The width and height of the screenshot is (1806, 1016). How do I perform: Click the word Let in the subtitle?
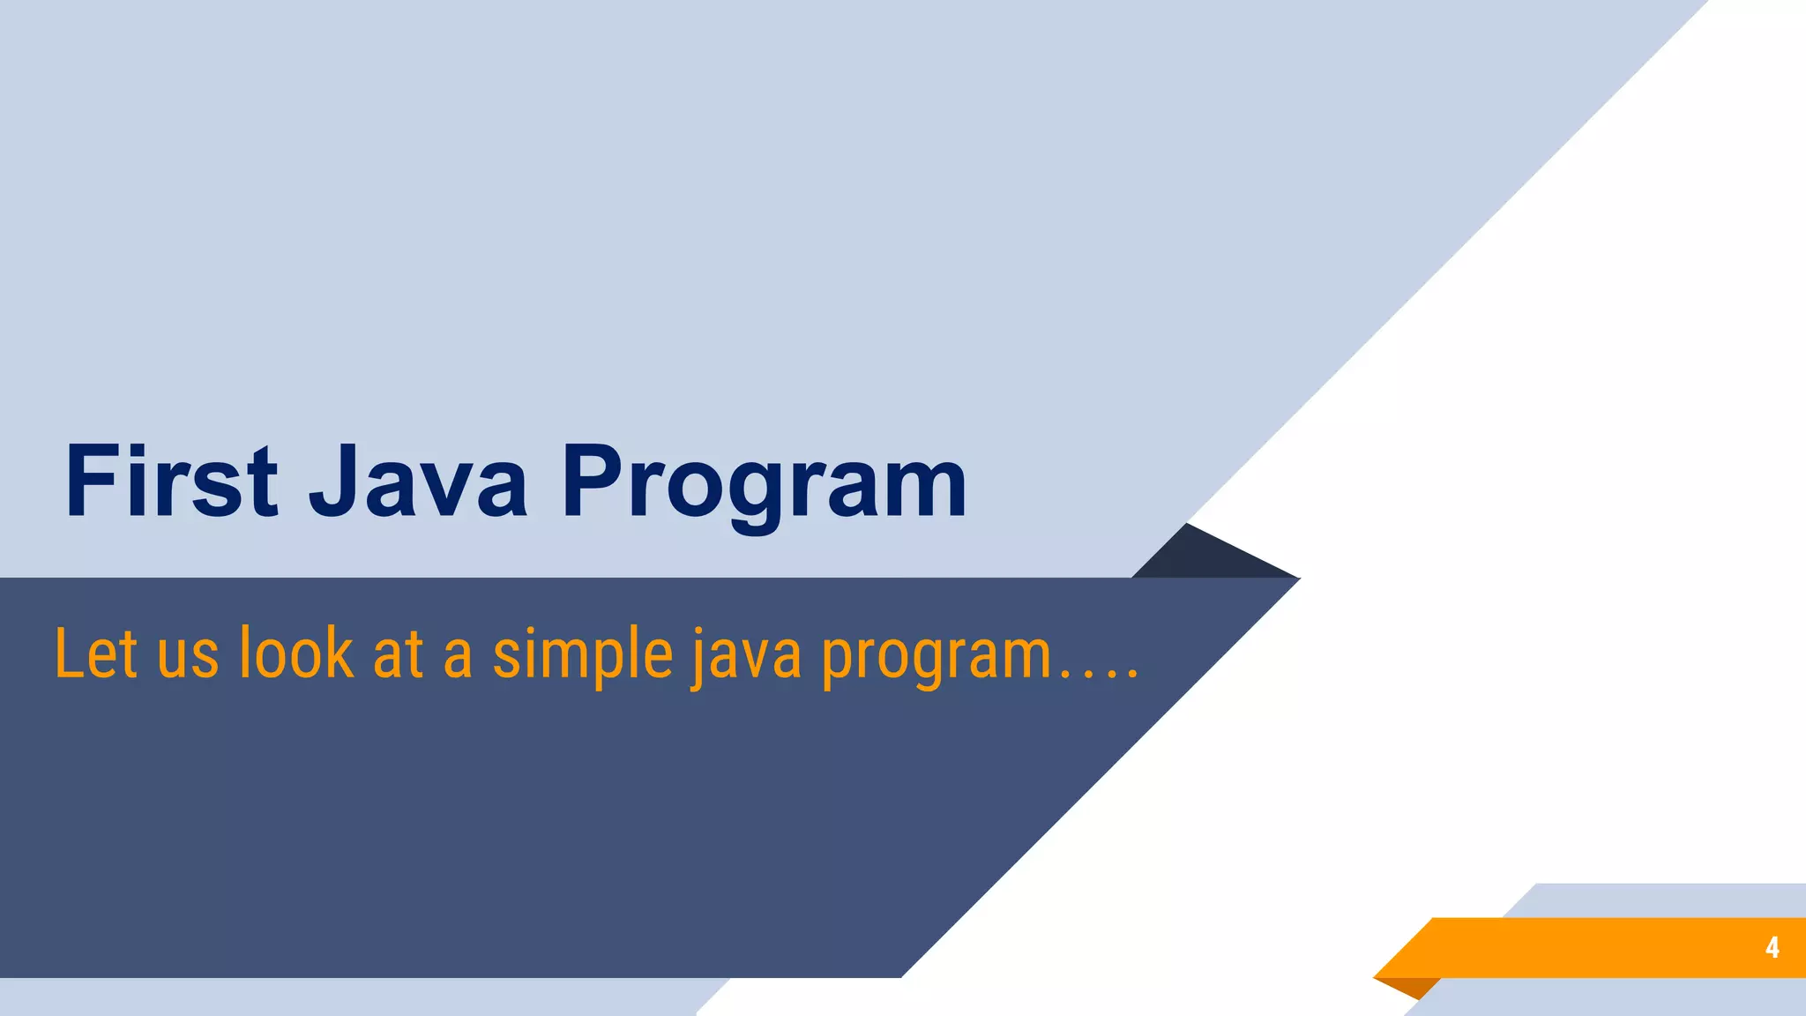coord(96,654)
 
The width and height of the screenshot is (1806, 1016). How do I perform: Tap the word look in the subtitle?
coord(296,654)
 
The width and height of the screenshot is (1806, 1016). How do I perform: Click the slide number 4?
coord(1772,947)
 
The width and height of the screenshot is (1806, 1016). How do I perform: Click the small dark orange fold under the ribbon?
coord(1411,986)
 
